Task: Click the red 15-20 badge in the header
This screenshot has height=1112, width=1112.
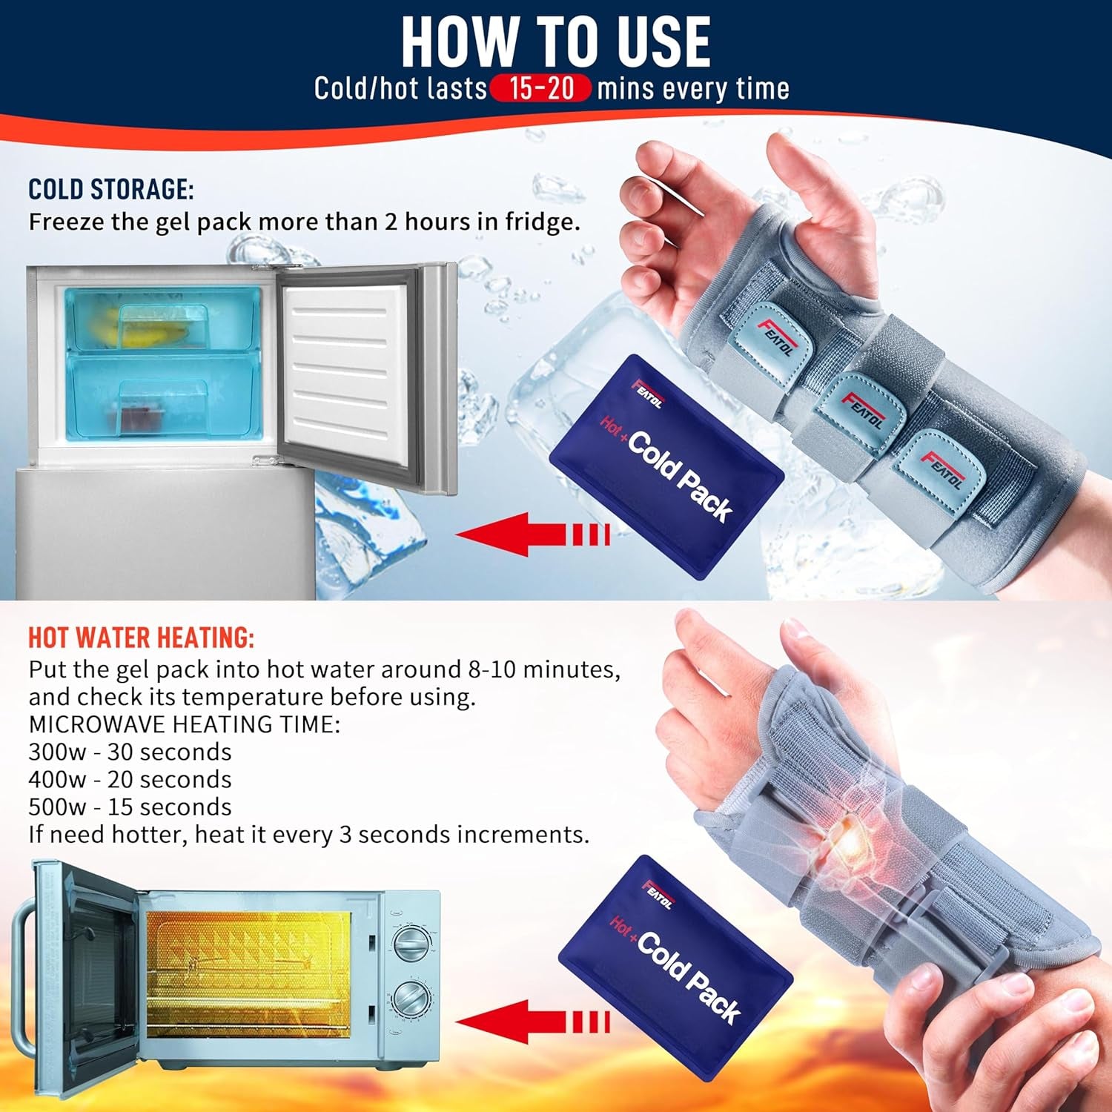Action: coord(540,88)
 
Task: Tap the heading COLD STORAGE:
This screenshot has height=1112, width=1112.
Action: coord(111,189)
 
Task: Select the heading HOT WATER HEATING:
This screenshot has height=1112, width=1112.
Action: coord(142,638)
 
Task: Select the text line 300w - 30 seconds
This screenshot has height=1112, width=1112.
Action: coord(130,752)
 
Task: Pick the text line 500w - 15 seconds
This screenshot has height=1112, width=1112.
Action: coord(130,807)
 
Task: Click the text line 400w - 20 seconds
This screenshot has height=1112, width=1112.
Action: coord(130,779)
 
